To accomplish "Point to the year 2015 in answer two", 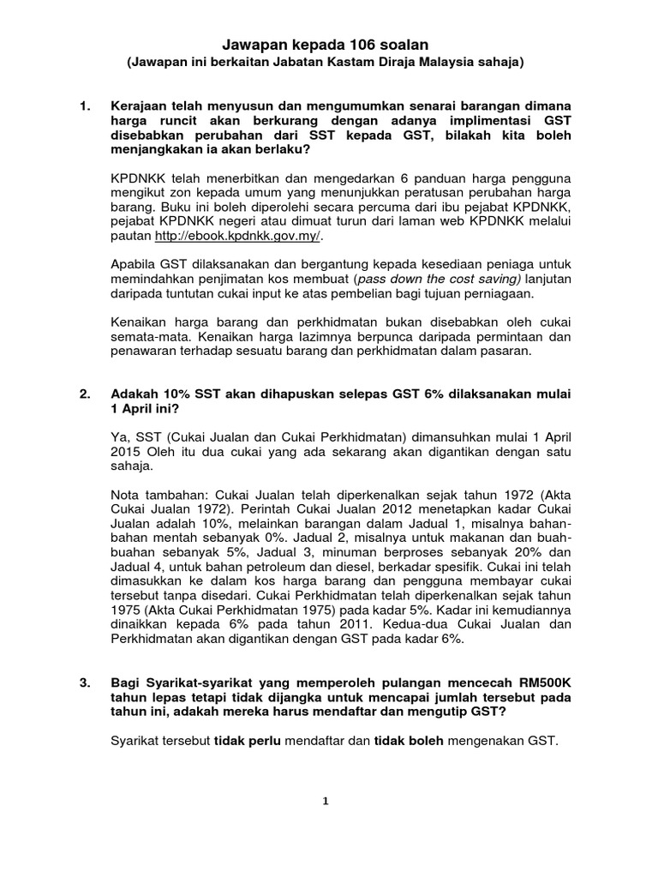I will coord(128,451).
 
